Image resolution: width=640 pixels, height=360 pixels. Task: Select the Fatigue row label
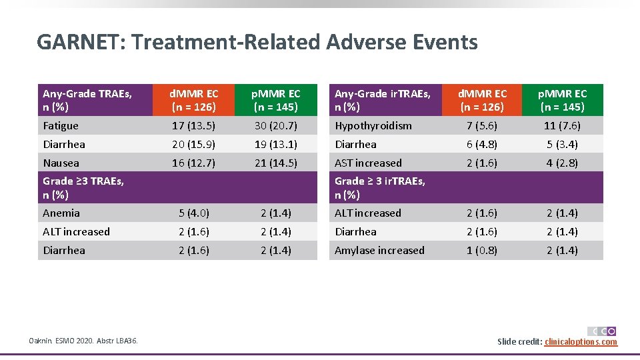pos(61,125)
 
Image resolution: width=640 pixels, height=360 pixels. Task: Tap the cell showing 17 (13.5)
pos(194,125)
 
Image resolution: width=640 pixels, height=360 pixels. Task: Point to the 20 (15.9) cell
pos(194,144)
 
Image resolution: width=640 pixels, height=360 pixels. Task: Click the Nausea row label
pos(61,163)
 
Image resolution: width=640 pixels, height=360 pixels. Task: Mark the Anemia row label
pos(61,213)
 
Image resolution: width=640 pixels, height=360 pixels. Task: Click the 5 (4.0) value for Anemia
pos(194,213)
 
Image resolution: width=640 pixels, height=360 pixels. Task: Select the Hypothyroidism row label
pos(373,125)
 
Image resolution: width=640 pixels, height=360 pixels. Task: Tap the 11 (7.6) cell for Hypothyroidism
pos(563,125)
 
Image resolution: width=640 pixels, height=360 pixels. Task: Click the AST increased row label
pos(368,163)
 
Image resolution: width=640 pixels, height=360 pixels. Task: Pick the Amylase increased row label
pos(379,251)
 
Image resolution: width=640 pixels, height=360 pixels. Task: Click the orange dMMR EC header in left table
pos(194,100)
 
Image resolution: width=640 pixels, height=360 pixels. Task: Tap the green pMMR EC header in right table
pos(563,100)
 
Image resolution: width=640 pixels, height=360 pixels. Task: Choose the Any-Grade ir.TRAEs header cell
pos(383,100)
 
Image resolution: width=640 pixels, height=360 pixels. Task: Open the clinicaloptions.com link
pos(581,342)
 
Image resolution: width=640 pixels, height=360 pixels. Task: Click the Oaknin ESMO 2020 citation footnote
pos(83,341)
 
